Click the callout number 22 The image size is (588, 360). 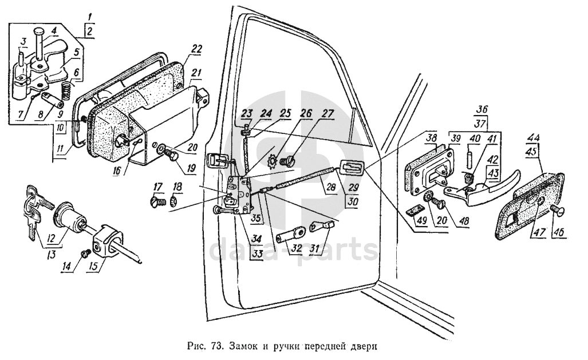coord(196,49)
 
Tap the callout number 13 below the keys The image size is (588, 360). coord(50,255)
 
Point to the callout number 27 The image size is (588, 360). coord(327,114)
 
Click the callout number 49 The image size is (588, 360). coord(422,220)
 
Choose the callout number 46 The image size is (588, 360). coord(558,232)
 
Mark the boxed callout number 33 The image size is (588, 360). coord(257,254)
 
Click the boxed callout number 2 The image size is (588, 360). coord(89,31)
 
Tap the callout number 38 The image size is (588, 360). coord(432,140)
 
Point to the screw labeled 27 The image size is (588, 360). coord(291,161)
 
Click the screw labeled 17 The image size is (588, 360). coord(159,202)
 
